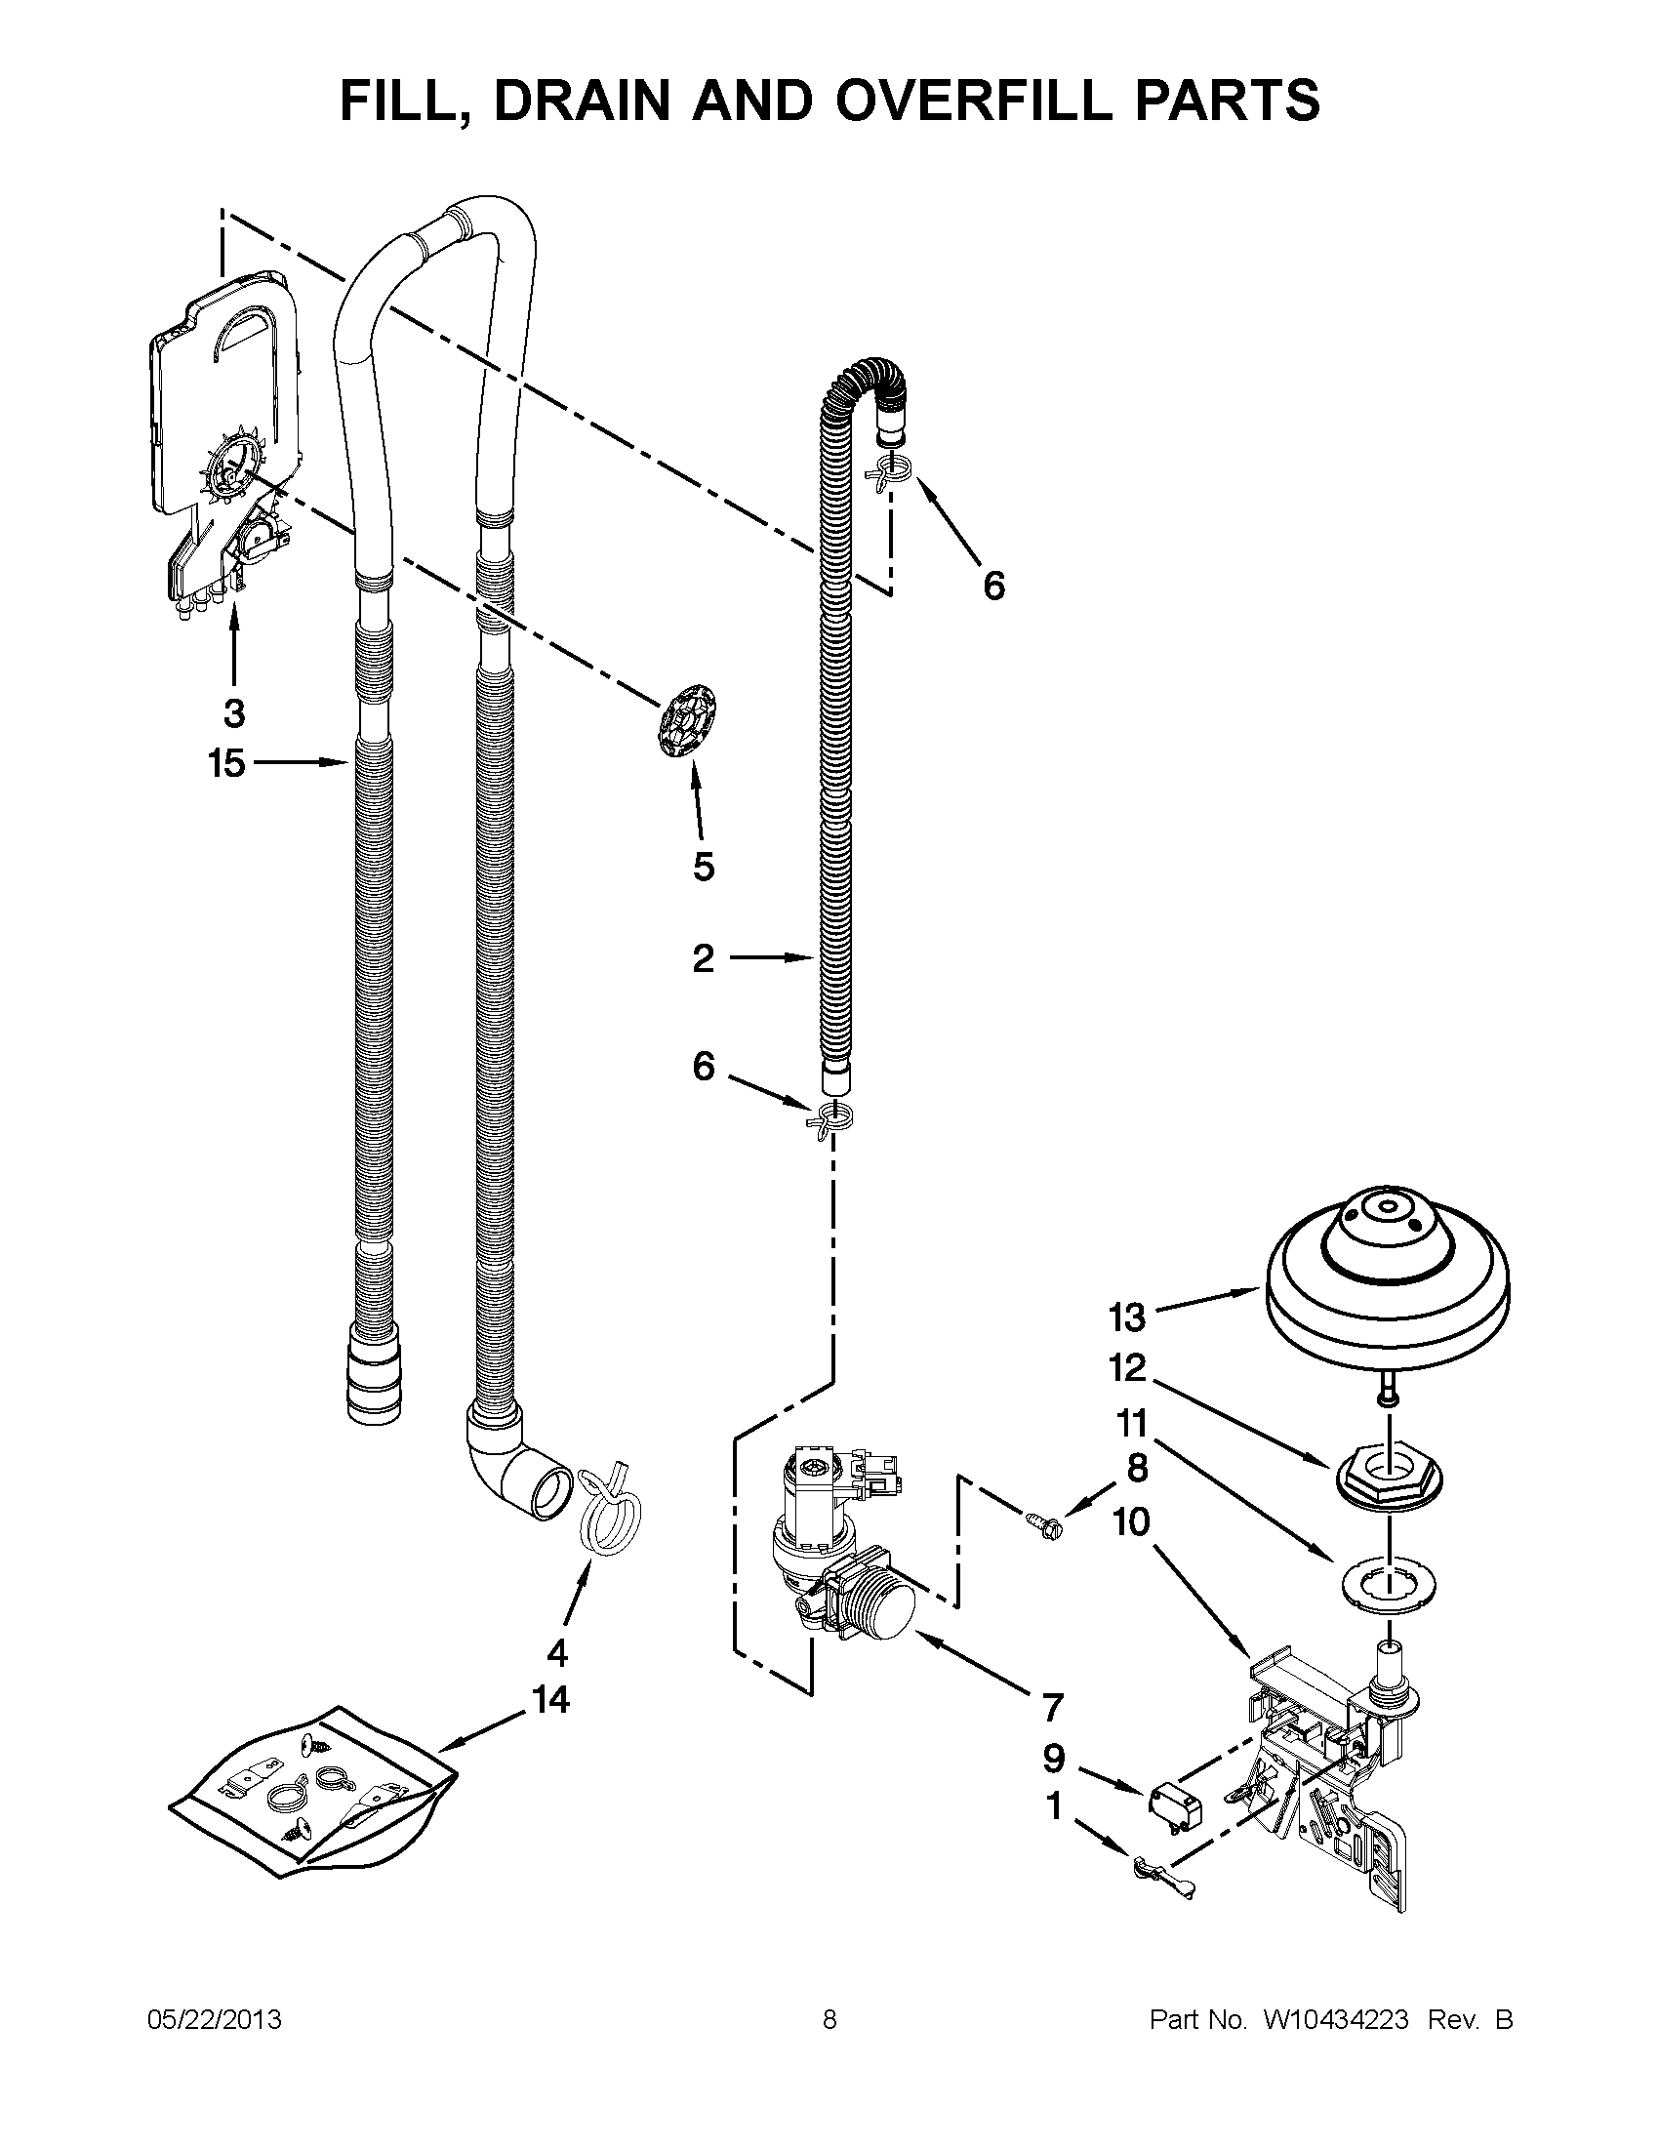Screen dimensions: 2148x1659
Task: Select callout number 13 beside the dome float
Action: click(x=1127, y=1317)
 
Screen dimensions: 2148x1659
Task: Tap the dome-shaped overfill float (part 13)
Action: click(x=1387, y=1278)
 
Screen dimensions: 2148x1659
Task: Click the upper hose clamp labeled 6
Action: click(x=891, y=474)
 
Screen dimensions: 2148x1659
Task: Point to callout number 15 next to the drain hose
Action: click(x=226, y=763)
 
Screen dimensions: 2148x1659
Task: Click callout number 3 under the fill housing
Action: click(x=234, y=714)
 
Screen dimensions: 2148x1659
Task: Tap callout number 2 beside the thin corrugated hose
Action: click(x=703, y=958)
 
